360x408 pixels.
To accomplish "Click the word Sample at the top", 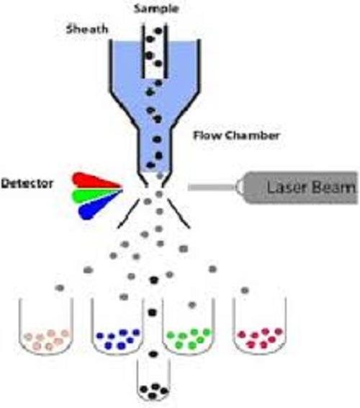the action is pyautogui.click(x=156, y=9).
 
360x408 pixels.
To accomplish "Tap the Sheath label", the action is pyautogui.click(x=87, y=29).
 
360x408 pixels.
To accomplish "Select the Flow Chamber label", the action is pyautogui.click(x=236, y=136).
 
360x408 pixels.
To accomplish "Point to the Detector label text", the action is pyautogui.click(x=27, y=183).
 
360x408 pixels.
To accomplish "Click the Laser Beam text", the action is pyautogui.click(x=311, y=187).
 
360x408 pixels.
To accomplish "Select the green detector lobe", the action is pyautogui.click(x=96, y=195).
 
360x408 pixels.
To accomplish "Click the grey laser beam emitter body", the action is pyautogui.click(x=297, y=187).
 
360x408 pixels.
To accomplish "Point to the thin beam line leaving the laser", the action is pyautogui.click(x=212, y=187).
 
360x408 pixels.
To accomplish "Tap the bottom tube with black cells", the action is pyautogui.click(x=153, y=381).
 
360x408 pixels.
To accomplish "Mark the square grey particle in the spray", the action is pyautogui.click(x=184, y=249).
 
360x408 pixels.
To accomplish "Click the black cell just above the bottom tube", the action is pyautogui.click(x=153, y=354).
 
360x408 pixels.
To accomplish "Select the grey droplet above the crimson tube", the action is pyautogui.click(x=245, y=290).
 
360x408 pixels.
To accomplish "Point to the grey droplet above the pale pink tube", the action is pyautogui.click(x=60, y=288).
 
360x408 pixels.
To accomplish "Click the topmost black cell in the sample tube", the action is pyautogui.click(x=158, y=31).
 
